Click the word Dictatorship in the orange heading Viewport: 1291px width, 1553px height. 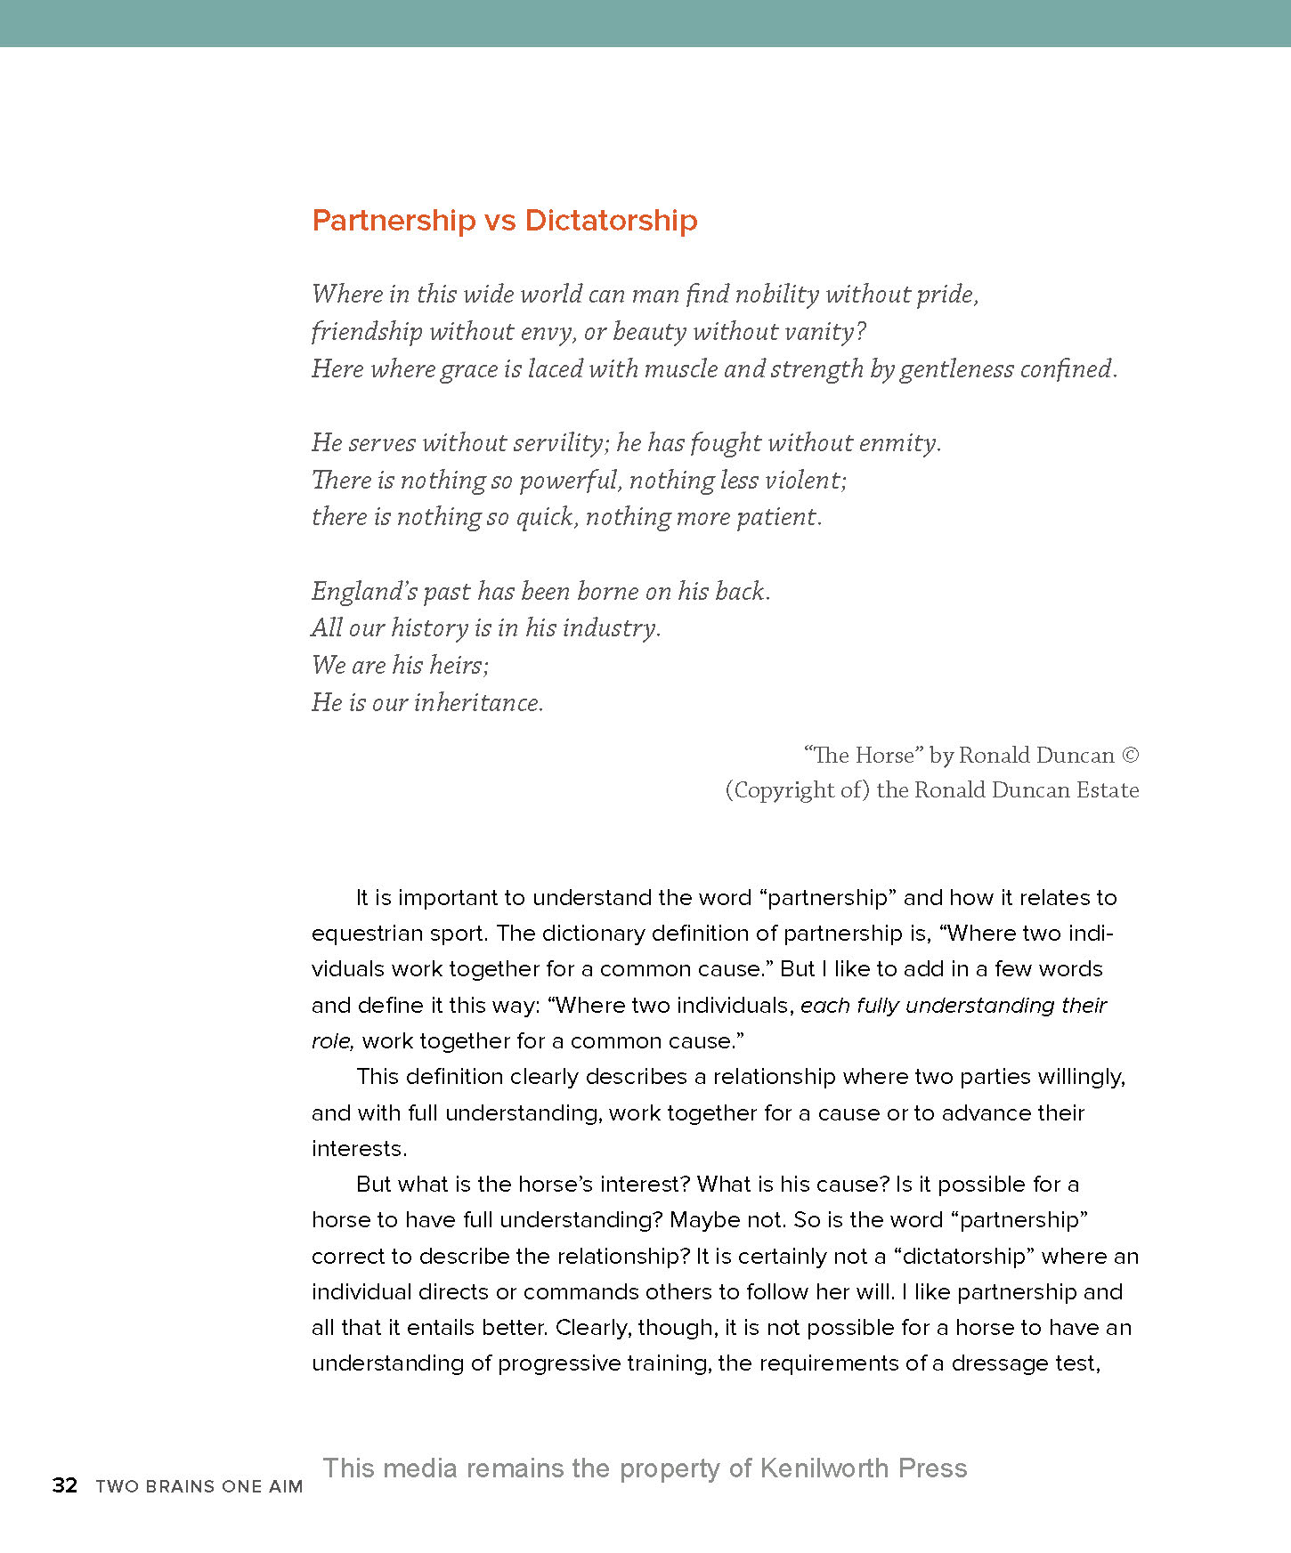click(611, 221)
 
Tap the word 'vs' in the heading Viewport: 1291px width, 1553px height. click(499, 221)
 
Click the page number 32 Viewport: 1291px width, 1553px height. click(65, 1485)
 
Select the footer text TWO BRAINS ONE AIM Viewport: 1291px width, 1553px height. click(199, 1486)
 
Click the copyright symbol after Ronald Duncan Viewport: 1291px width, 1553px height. click(1130, 756)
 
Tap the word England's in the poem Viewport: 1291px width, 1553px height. click(364, 592)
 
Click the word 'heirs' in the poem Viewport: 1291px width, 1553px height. click(458, 666)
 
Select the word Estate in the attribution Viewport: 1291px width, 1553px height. click(1108, 790)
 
